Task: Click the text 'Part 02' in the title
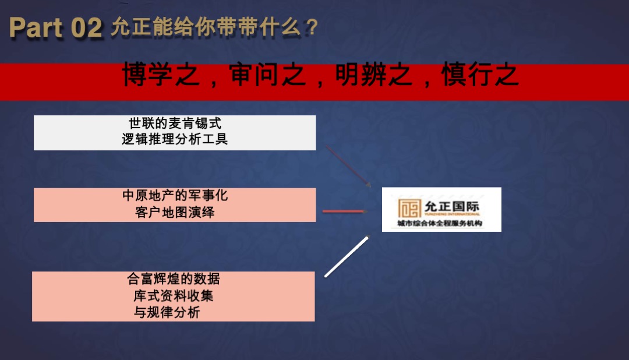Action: [56, 28]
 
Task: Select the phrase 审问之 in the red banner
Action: [267, 76]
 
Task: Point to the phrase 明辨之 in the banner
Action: [373, 76]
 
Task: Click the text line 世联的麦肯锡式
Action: [175, 123]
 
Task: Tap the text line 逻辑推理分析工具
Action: [175, 139]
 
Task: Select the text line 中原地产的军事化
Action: [175, 196]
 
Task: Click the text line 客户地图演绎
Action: [175, 212]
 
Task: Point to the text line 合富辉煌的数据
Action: [174, 280]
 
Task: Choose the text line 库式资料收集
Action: [174, 296]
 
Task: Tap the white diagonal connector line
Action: [347, 256]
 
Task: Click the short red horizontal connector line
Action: [343, 211]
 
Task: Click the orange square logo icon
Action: [409, 209]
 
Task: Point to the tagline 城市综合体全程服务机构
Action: [440, 224]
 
